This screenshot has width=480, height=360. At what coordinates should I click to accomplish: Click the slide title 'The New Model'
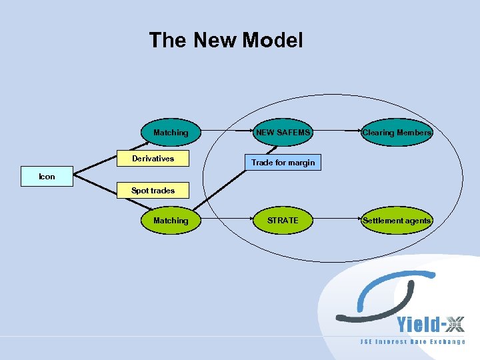(225, 40)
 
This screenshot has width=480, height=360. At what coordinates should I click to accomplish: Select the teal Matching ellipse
(171, 133)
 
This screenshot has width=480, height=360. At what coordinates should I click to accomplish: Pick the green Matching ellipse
(171, 220)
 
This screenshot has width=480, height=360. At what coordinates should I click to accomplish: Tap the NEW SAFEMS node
(283, 133)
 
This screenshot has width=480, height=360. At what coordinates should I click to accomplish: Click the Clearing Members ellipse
(397, 133)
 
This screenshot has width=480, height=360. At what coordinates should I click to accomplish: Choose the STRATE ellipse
(283, 220)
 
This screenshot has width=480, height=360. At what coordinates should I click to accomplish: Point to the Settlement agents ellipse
(397, 220)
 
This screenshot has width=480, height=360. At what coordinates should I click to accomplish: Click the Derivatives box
(153, 159)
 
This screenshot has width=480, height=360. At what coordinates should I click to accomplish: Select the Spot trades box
(153, 191)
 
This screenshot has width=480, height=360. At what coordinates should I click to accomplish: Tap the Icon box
(47, 177)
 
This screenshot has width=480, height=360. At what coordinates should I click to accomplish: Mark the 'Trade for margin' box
(283, 163)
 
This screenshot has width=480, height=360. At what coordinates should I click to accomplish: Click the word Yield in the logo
(418, 325)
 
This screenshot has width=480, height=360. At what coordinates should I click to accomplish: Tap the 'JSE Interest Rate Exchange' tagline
(413, 342)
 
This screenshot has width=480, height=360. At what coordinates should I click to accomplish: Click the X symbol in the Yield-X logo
(455, 325)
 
